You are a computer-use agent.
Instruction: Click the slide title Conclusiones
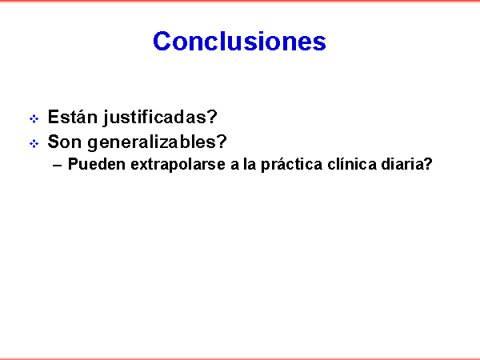[x=239, y=41]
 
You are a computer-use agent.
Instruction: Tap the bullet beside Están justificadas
[x=34, y=118]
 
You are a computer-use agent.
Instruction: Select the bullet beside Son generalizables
[x=34, y=143]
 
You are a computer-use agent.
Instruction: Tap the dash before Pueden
[x=58, y=166]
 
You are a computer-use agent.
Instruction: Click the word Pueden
[x=97, y=164]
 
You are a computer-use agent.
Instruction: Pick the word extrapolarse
[x=178, y=165]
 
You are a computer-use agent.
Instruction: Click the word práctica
[x=291, y=165]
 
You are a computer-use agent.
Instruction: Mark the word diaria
[x=402, y=164]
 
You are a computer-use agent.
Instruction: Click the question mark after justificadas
[x=212, y=117]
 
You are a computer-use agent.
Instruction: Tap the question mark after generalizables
[x=222, y=142]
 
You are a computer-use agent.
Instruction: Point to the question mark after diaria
[x=428, y=164]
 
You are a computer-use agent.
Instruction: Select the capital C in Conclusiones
[x=162, y=41]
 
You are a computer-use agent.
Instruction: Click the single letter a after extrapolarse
[x=234, y=166]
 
